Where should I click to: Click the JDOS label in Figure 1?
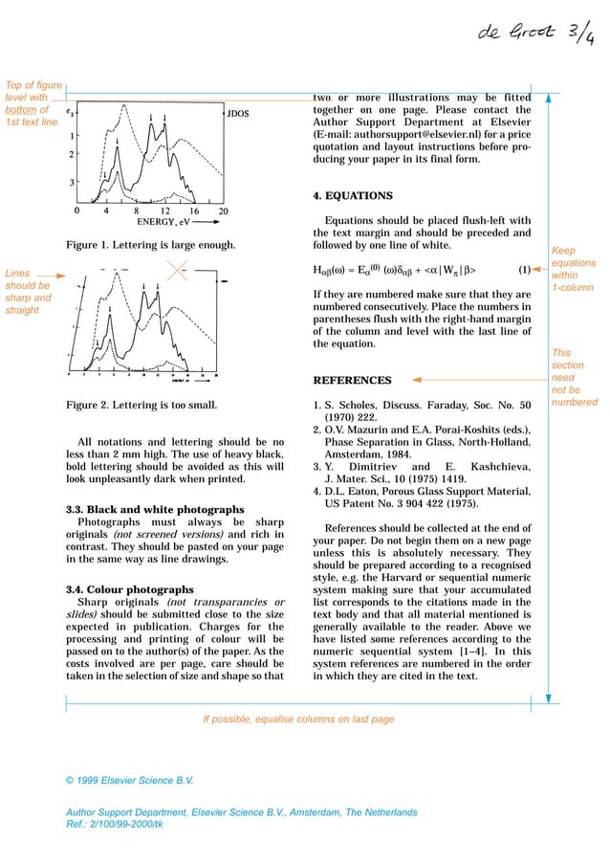point(238,114)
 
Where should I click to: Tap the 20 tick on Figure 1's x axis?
point(223,210)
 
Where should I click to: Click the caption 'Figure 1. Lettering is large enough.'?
point(151,246)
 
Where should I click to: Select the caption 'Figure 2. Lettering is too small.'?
point(142,405)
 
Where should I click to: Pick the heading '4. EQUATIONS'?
point(353,195)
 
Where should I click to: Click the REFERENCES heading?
point(353,380)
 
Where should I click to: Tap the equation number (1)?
point(524,269)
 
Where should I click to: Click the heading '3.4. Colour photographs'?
point(129,589)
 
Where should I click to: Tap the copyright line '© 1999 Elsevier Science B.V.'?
point(129,781)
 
